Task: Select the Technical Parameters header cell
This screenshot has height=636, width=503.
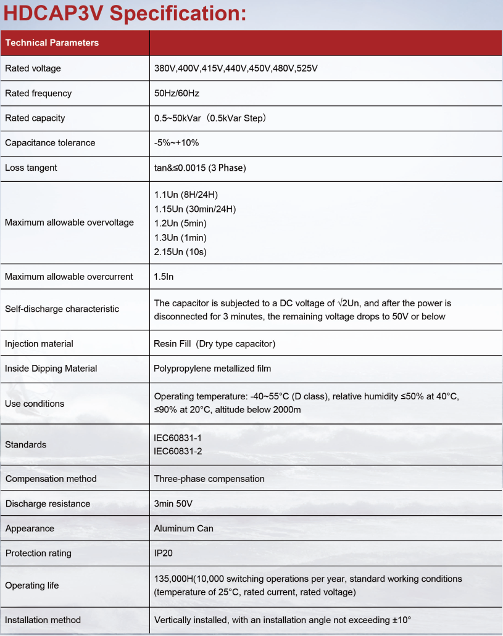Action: click(52, 43)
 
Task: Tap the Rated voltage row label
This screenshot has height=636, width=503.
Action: click(33, 68)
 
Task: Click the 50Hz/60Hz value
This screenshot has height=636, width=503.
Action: click(177, 93)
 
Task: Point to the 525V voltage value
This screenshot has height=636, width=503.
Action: click(307, 68)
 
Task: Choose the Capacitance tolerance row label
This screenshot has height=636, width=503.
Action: click(50, 142)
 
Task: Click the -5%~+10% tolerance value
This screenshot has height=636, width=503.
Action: click(177, 142)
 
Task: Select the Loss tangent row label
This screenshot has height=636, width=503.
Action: click(31, 168)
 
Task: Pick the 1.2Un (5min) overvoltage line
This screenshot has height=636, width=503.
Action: click(180, 223)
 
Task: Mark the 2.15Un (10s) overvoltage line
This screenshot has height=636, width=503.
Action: click(180, 251)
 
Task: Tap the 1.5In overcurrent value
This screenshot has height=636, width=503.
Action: click(164, 277)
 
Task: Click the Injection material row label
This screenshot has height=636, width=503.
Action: click(39, 343)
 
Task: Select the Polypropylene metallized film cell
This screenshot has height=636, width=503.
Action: click(212, 368)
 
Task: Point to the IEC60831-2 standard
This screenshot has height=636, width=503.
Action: click(178, 451)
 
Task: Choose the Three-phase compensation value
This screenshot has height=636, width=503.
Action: click(209, 478)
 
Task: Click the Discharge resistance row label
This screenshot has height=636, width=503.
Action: click(48, 503)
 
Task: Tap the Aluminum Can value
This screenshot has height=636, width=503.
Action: click(183, 528)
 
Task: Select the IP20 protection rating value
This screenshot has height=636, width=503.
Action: click(164, 553)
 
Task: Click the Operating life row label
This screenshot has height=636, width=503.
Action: click(32, 585)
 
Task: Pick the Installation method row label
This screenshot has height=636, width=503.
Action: click(43, 619)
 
